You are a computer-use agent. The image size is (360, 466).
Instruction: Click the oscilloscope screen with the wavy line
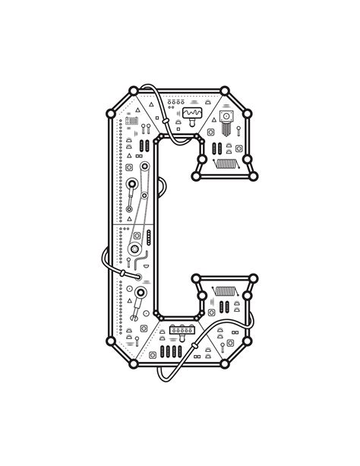(x=192, y=113)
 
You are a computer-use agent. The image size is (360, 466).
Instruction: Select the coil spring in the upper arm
(x=226, y=163)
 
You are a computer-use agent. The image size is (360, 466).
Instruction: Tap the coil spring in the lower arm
(x=225, y=291)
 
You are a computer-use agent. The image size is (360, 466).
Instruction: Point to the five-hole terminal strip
(x=182, y=330)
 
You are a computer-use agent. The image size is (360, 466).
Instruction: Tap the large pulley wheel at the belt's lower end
(x=134, y=249)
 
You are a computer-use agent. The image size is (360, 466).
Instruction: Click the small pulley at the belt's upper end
(x=144, y=166)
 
